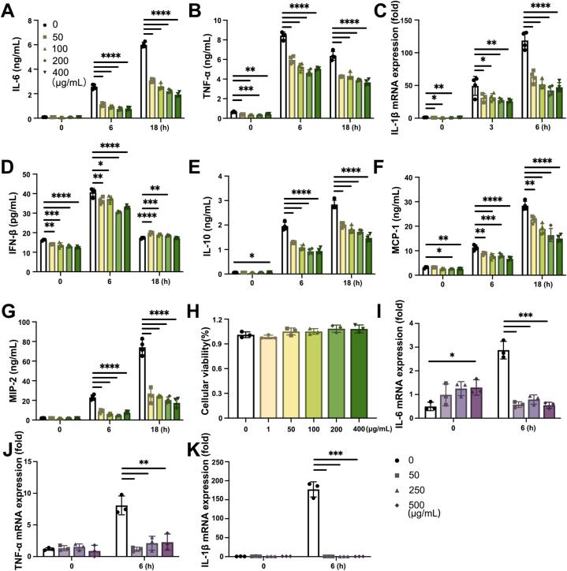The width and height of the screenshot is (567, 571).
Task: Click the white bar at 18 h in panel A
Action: pos(144,80)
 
